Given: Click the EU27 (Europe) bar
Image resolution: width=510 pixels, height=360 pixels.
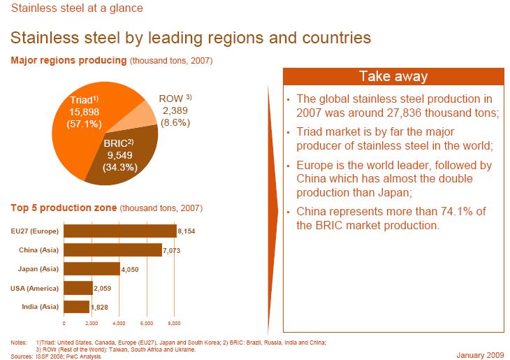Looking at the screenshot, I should click(119, 231).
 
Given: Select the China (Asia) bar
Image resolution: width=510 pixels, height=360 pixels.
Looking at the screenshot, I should click(112, 250).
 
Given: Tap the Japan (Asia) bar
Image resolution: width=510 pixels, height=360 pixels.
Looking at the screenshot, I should click(92, 268).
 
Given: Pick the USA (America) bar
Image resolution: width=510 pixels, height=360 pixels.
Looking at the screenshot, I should click(78, 287).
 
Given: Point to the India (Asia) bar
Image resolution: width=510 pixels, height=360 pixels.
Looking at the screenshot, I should click(76, 306).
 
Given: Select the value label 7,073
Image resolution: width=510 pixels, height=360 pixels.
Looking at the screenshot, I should click(172, 250).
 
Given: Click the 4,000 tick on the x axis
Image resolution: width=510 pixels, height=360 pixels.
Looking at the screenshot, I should click(119, 324).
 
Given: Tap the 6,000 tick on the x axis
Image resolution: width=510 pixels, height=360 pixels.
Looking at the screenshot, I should click(147, 324).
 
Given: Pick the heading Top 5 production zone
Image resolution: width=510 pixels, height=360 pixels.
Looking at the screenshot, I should click(64, 208).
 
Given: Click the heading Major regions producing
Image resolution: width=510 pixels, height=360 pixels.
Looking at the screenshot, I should click(68, 61).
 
